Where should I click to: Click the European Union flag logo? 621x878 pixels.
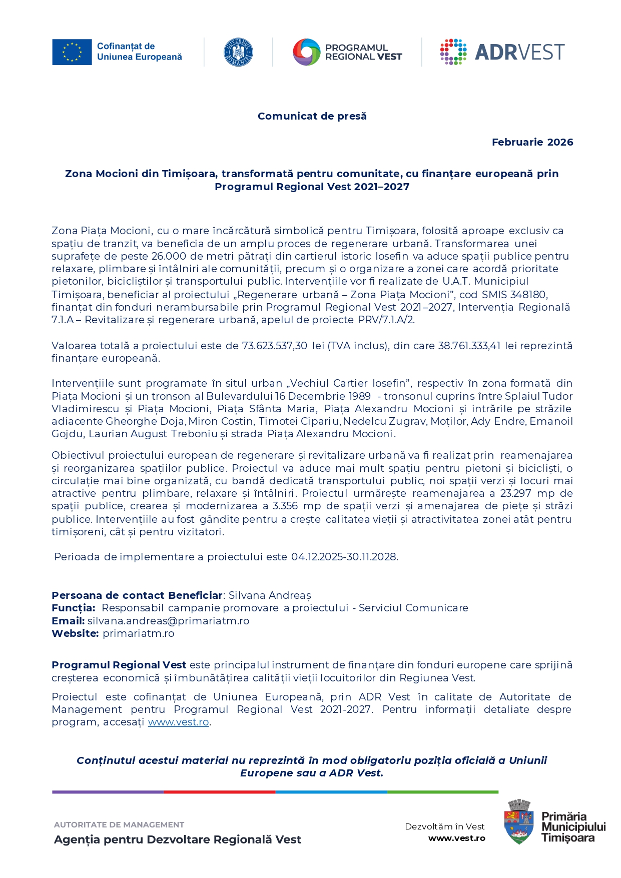[72, 52]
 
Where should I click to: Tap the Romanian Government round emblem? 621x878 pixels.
[238, 52]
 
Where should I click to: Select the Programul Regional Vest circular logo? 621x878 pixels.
[306, 52]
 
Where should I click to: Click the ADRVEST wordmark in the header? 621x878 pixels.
[519, 52]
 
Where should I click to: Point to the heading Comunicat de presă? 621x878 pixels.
[312, 116]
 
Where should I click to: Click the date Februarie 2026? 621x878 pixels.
[532, 142]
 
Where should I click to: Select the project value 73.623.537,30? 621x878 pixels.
[275, 346]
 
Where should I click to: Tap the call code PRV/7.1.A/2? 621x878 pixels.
[386, 320]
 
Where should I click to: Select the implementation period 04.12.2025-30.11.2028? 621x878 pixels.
[344, 557]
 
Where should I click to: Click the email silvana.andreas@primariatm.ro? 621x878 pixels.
[168, 621]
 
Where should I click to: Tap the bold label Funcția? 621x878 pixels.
[73, 608]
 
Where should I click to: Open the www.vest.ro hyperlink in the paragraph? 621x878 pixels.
[178, 722]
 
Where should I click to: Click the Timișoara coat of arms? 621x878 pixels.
[519, 821]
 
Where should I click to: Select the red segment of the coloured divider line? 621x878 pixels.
[219, 792]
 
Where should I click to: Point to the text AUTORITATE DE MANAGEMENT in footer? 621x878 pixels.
[119, 824]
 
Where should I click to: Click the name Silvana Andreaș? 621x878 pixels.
[270, 595]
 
